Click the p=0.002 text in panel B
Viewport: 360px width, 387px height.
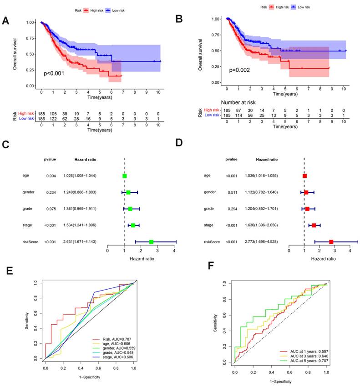[239, 70]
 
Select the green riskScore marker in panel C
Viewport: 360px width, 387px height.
[151, 242]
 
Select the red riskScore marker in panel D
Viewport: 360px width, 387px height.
[331, 242]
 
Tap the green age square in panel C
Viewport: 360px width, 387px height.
[125, 176]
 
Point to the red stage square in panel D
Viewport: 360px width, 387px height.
[314, 226]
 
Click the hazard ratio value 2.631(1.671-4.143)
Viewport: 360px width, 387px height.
[79, 242]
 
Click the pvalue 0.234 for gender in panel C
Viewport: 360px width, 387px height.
[51, 192]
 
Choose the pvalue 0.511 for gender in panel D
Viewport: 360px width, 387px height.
[231, 192]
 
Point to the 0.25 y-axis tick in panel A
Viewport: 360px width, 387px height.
[30, 70]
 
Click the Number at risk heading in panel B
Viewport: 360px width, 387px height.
[242, 103]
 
